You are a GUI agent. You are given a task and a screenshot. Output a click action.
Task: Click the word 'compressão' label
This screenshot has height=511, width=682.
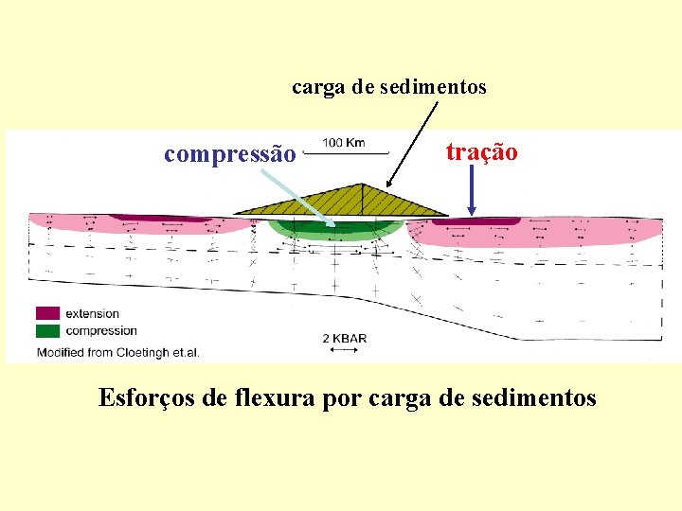[230, 153]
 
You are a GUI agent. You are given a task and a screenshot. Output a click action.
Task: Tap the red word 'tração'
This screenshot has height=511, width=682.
[482, 151]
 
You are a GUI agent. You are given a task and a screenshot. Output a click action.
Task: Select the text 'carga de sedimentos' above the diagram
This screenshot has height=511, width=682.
[388, 88]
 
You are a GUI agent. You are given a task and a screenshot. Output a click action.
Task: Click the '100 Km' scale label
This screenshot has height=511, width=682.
[343, 143]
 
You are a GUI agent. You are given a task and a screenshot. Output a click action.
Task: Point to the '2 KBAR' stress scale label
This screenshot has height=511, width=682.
[343, 338]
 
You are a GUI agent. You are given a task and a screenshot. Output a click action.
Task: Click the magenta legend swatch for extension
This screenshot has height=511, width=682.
[47, 313]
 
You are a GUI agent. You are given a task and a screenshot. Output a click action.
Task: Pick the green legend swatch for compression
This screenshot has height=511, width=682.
[47, 330]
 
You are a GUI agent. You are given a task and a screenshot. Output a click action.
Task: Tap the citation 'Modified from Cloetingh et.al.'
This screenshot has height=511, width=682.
[117, 353]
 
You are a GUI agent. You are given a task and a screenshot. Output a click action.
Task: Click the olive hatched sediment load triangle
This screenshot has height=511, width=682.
[341, 199]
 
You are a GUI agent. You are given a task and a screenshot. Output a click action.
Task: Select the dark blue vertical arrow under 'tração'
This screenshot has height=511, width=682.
[471, 189]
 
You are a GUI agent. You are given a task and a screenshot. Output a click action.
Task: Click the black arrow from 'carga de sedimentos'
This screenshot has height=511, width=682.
[413, 142]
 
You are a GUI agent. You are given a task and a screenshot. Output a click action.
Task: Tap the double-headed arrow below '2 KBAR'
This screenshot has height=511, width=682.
[343, 350]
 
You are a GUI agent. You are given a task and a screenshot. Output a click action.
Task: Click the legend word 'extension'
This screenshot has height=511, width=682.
[93, 313]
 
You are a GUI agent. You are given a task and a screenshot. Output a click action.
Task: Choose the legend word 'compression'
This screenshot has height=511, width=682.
[101, 330]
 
